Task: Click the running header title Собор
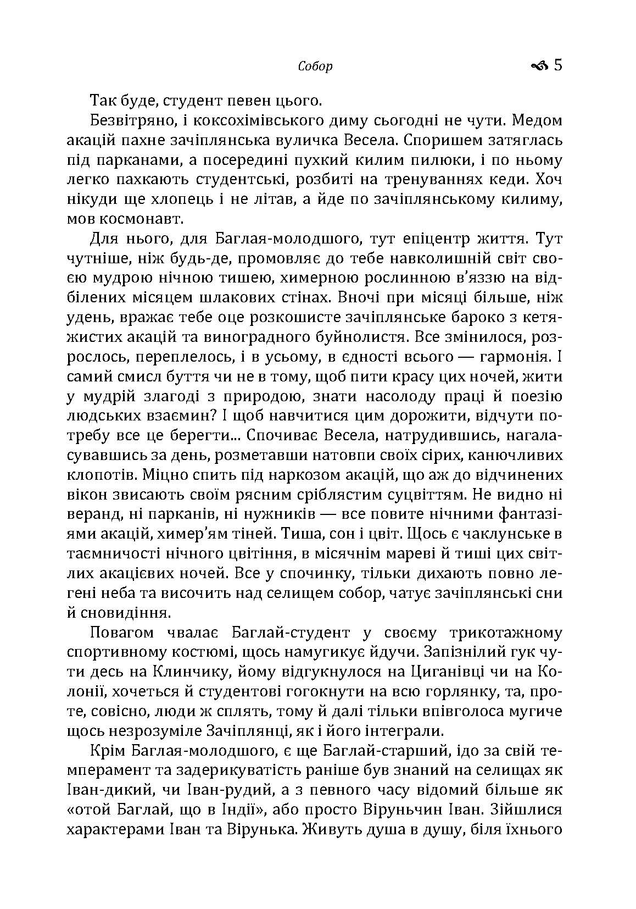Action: tap(315, 67)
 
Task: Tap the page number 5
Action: tap(558, 66)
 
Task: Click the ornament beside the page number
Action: tap(540, 67)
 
